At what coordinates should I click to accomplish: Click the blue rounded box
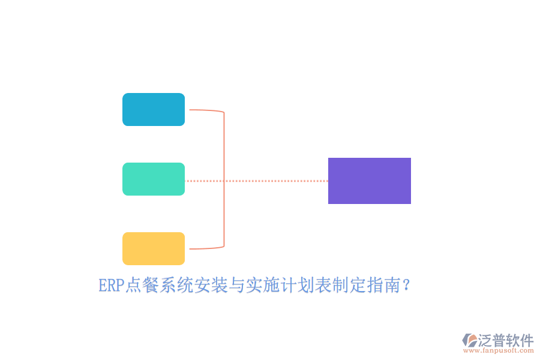click(154, 110)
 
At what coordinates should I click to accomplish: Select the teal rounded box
click(154, 179)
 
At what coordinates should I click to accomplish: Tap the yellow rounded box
click(154, 249)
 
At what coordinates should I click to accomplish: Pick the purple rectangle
click(370, 181)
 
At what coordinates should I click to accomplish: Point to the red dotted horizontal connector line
click(257, 181)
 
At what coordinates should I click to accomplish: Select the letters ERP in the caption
click(111, 286)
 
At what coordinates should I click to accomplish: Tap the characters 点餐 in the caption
click(142, 286)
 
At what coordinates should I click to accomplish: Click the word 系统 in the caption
click(176, 286)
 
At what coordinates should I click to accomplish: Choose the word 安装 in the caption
click(211, 286)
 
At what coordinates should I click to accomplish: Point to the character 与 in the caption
click(236, 286)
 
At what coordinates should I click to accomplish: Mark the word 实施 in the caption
click(262, 286)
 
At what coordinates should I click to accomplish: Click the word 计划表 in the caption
click(305, 286)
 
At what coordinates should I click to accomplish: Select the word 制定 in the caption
click(349, 286)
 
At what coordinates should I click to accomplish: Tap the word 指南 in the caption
click(383, 286)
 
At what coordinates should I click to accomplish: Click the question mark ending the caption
click(406, 286)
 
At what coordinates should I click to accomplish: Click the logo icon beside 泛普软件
click(470, 340)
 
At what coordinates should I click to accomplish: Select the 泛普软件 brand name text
click(506, 340)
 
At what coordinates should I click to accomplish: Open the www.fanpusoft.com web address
click(499, 350)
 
